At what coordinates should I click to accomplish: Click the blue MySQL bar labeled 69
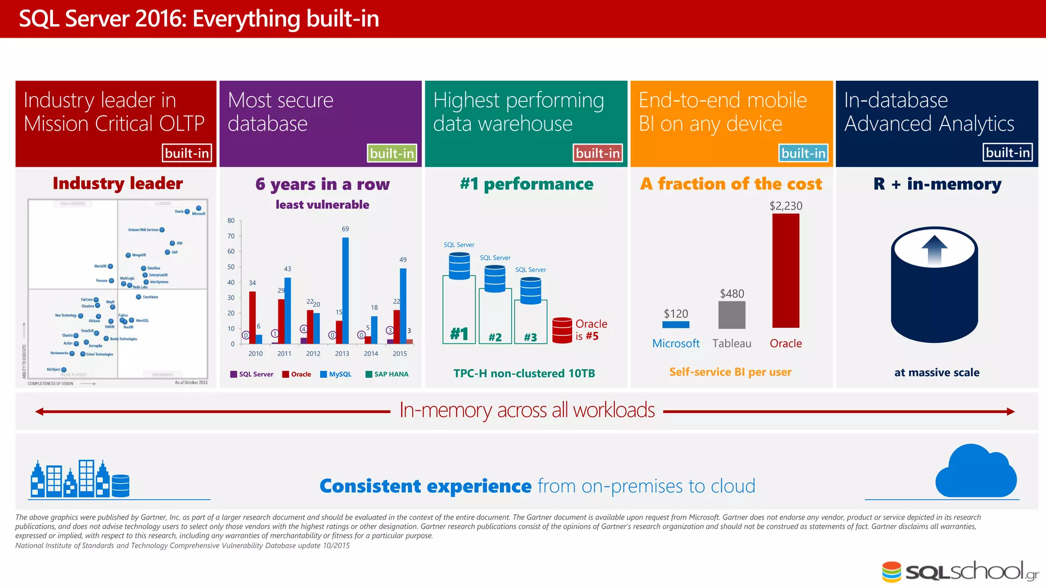coord(345,290)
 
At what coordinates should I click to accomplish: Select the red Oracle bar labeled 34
coord(252,317)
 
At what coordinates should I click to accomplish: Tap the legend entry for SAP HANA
coord(387,374)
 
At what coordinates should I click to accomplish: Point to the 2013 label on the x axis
coord(342,354)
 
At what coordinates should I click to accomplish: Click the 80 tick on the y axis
coord(231,220)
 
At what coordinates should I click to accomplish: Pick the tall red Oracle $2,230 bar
coord(786,271)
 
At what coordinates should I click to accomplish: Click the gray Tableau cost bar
coord(731,314)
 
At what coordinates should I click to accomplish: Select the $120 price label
coord(676,313)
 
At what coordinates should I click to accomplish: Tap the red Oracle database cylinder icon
coord(562,330)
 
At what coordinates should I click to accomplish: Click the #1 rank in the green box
coord(459,334)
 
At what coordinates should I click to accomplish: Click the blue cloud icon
coord(976,472)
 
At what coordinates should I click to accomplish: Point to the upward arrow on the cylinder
coord(934,250)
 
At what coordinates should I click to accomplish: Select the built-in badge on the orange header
coord(803,153)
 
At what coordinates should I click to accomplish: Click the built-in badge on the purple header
coord(392,153)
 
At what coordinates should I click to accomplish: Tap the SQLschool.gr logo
coord(960,572)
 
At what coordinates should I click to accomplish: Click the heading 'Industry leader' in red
coord(117,183)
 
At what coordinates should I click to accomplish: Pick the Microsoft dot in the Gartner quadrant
coord(199,208)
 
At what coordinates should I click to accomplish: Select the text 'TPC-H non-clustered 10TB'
coord(524,373)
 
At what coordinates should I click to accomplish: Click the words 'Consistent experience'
coord(425,486)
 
